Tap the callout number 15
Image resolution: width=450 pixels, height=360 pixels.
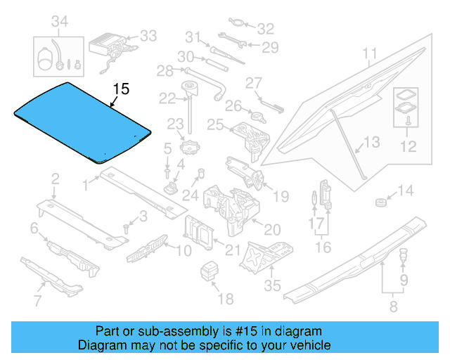tap(121, 89)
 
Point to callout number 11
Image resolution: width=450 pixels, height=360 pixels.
tap(370, 53)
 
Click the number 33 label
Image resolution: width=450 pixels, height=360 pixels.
tap(148, 34)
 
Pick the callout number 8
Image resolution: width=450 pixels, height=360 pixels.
tap(392, 306)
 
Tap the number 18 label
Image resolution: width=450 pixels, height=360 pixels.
tap(224, 299)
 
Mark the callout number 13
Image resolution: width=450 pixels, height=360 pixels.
tap(371, 143)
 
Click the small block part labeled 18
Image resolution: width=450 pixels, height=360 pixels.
tap(210, 271)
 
